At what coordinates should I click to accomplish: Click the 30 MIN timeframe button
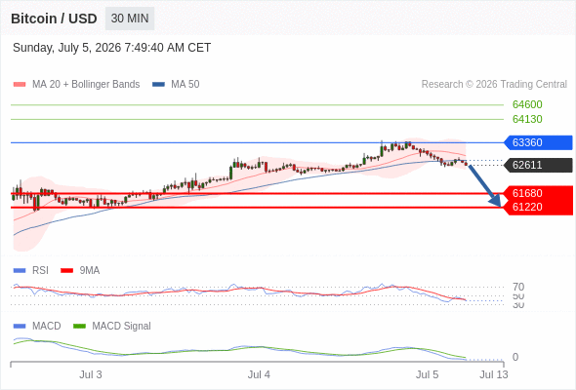[x=130, y=19]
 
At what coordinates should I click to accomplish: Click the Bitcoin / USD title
[x=54, y=19]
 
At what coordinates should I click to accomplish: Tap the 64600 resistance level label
[x=527, y=104]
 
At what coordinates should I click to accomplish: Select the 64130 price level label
[x=527, y=119]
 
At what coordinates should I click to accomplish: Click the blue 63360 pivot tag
[x=538, y=142]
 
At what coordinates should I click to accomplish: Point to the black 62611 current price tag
[x=538, y=165]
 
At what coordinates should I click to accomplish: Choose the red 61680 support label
[x=539, y=193]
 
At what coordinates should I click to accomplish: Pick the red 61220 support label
[x=539, y=208]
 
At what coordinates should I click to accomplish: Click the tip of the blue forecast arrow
[x=500, y=206]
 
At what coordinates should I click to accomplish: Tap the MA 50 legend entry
[x=176, y=85]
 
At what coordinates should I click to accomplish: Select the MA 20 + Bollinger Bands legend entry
[x=76, y=85]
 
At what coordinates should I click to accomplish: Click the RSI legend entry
[x=31, y=270]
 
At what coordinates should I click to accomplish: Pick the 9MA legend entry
[x=80, y=270]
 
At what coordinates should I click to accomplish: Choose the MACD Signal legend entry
[x=112, y=326]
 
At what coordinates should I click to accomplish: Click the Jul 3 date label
[x=91, y=374]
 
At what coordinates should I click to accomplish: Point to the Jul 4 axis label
[x=259, y=374]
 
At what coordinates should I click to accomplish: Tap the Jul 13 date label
[x=494, y=374]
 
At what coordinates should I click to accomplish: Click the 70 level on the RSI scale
[x=518, y=287]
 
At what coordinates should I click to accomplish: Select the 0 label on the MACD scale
[x=515, y=357]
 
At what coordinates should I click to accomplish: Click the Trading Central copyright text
[x=494, y=85]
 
